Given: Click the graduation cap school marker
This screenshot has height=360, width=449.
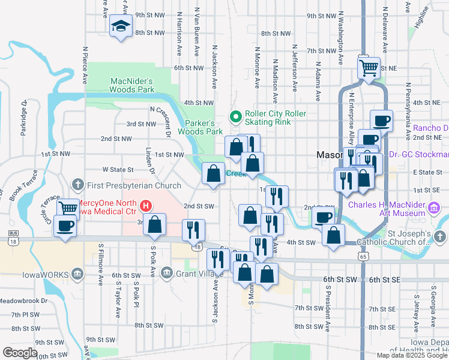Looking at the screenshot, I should [121, 26].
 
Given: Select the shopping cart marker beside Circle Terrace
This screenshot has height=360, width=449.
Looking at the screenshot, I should [68, 208].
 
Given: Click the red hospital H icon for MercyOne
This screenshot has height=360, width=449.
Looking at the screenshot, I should [145, 208].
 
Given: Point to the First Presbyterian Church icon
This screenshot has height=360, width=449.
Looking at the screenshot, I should [77, 184].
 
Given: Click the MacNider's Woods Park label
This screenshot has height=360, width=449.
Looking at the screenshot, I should [131, 85].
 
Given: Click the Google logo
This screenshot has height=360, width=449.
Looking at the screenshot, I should [20, 352].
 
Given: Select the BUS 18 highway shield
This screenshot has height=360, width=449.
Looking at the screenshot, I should [13, 236].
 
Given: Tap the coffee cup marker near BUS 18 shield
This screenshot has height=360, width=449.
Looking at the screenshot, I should [65, 226].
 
